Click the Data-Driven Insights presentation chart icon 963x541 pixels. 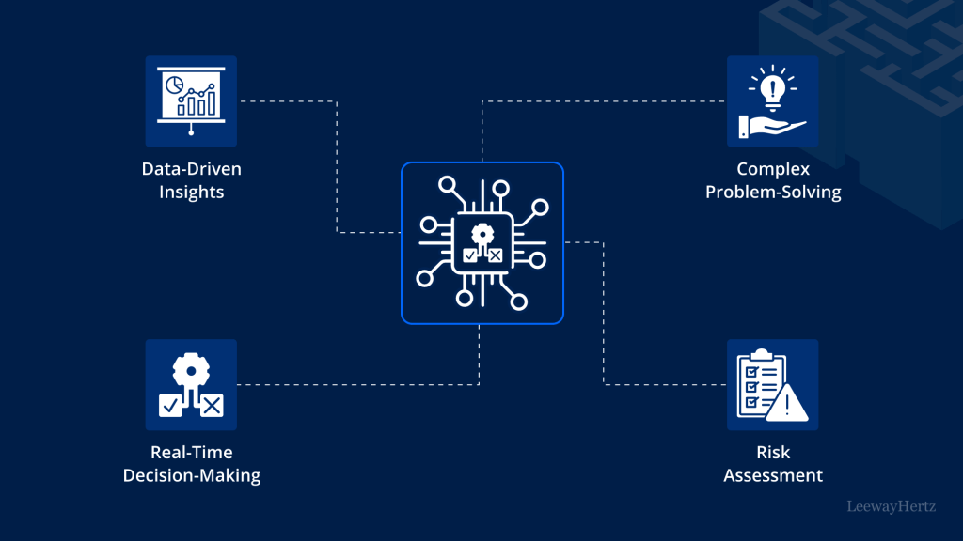[191, 100]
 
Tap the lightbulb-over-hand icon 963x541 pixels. [772, 100]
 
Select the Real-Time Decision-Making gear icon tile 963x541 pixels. [191, 384]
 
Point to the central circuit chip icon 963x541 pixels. [481, 243]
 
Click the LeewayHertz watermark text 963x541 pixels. [890, 507]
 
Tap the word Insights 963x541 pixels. [192, 193]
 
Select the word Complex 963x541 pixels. [773, 170]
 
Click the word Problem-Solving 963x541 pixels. [773, 193]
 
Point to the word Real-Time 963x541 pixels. [192, 453]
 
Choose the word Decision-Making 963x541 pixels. [192, 475]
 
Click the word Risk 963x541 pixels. [773, 453]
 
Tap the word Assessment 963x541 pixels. [773, 475]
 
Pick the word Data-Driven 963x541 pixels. [192, 170]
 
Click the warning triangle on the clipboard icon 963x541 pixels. [786, 405]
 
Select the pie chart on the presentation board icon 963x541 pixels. [175, 86]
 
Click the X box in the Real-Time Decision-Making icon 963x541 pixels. [212, 405]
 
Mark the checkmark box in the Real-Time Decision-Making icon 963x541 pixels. [170, 405]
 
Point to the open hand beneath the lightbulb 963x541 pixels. [777, 128]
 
